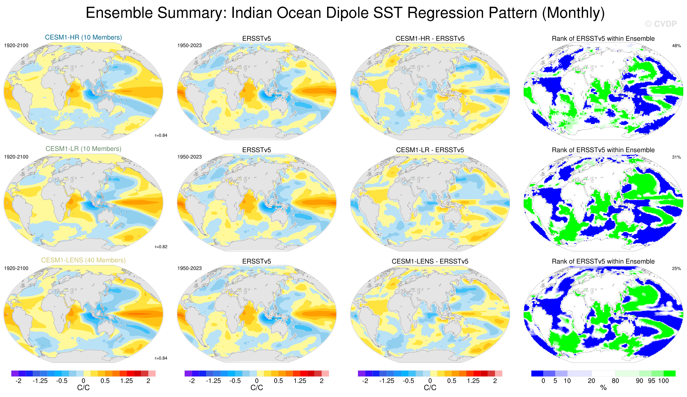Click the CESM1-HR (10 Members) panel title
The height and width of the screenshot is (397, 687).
click(x=83, y=37)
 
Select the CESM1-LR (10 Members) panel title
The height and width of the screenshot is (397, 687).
click(x=83, y=149)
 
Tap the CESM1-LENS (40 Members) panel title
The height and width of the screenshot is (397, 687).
click(x=83, y=260)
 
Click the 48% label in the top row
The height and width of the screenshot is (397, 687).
click(x=676, y=46)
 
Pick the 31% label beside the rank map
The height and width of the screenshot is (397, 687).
click(x=676, y=157)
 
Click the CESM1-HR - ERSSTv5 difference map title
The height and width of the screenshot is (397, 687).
click(x=430, y=39)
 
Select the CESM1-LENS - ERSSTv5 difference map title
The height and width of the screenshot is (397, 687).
click(x=430, y=262)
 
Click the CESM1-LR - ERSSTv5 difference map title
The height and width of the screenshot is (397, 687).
click(x=430, y=150)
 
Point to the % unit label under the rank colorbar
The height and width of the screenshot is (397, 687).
click(x=603, y=388)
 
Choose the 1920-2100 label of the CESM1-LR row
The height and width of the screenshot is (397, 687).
click(x=16, y=157)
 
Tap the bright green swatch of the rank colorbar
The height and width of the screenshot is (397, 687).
click(x=670, y=373)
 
